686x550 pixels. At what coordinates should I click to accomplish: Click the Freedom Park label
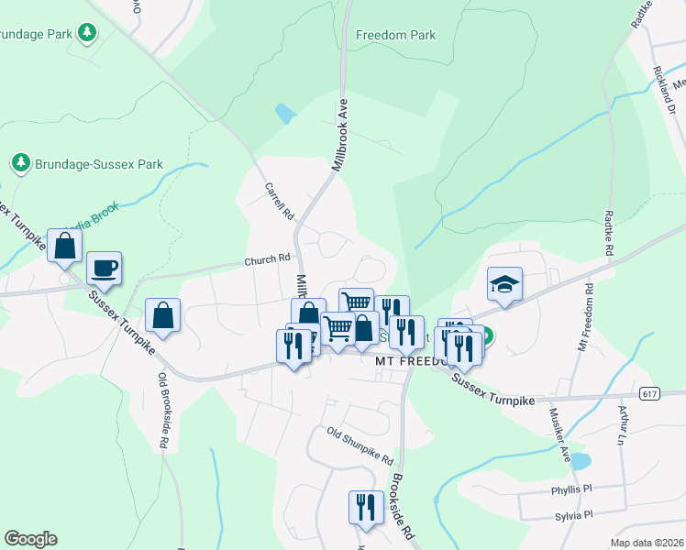396,36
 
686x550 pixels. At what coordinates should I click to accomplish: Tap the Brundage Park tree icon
87,34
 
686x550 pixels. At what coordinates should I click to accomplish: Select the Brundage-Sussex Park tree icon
21,163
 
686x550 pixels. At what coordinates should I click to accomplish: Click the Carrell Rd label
279,200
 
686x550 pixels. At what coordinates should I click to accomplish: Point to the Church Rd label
267,260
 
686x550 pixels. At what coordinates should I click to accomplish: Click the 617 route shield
650,394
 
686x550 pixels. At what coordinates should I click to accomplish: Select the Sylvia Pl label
573,516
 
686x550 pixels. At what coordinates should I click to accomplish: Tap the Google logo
30,539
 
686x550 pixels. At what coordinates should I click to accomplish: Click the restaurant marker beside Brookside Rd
366,507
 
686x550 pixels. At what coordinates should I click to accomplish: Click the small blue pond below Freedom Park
285,114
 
